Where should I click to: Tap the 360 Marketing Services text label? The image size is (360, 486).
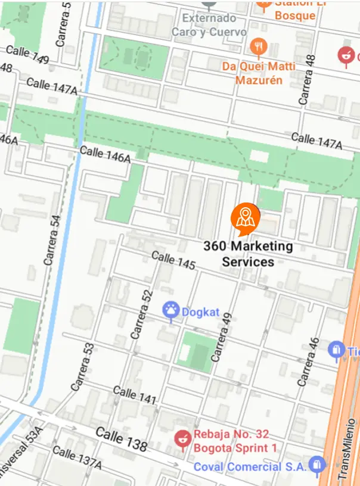pos(248,254)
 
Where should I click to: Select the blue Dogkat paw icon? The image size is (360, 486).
pos(171,310)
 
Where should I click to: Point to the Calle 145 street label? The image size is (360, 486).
pos(173,260)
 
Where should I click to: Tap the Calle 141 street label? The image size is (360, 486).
pos(134,394)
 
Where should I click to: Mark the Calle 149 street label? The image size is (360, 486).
pos(27,55)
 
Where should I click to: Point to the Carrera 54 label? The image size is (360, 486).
pos(52,240)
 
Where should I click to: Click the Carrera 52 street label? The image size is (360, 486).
pos(142,315)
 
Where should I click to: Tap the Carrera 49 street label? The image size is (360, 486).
pos(221,337)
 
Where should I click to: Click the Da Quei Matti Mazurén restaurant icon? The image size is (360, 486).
pos(257,45)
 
